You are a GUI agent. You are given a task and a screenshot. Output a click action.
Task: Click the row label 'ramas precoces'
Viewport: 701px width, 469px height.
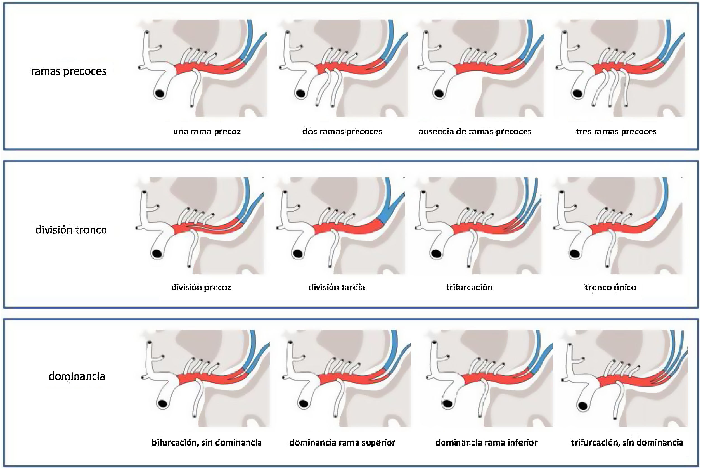coord(69,72)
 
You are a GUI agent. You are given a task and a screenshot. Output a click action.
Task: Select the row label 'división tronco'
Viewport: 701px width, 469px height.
coord(71,230)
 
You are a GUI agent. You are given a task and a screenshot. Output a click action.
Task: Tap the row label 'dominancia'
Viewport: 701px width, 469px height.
coord(77,376)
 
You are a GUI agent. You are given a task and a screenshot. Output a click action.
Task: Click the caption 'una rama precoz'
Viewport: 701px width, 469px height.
coord(207,132)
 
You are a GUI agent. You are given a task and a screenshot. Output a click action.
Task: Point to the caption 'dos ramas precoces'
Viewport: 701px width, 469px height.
coord(342,132)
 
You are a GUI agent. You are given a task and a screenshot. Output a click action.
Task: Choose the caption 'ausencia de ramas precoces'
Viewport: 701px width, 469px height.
coord(475,132)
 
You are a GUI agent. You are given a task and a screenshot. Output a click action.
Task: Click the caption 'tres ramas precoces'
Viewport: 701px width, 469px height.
coord(616,132)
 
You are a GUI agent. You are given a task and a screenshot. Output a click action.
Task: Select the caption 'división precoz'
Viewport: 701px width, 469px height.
coord(201,287)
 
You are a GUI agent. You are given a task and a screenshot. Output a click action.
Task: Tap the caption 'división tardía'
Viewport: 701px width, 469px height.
coord(337,287)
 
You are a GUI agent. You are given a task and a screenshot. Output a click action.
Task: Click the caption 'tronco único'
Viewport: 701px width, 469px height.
coord(610,287)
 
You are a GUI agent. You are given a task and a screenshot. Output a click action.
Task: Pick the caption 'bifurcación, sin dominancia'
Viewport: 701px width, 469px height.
coord(207,442)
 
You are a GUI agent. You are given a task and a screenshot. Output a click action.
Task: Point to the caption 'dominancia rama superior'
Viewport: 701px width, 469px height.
coord(342,442)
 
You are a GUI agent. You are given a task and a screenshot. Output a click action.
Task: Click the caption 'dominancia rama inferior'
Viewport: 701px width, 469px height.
coord(486,442)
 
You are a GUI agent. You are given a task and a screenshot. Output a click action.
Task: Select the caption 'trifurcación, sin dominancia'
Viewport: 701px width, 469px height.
coord(627,442)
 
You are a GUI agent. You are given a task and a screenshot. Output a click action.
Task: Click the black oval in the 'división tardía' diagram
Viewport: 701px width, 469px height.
coord(297,254)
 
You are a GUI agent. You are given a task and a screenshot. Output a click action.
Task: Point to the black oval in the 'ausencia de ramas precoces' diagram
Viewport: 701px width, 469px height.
coord(439,94)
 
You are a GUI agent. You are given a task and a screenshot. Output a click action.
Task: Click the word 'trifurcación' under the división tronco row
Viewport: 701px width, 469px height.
coord(469,287)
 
